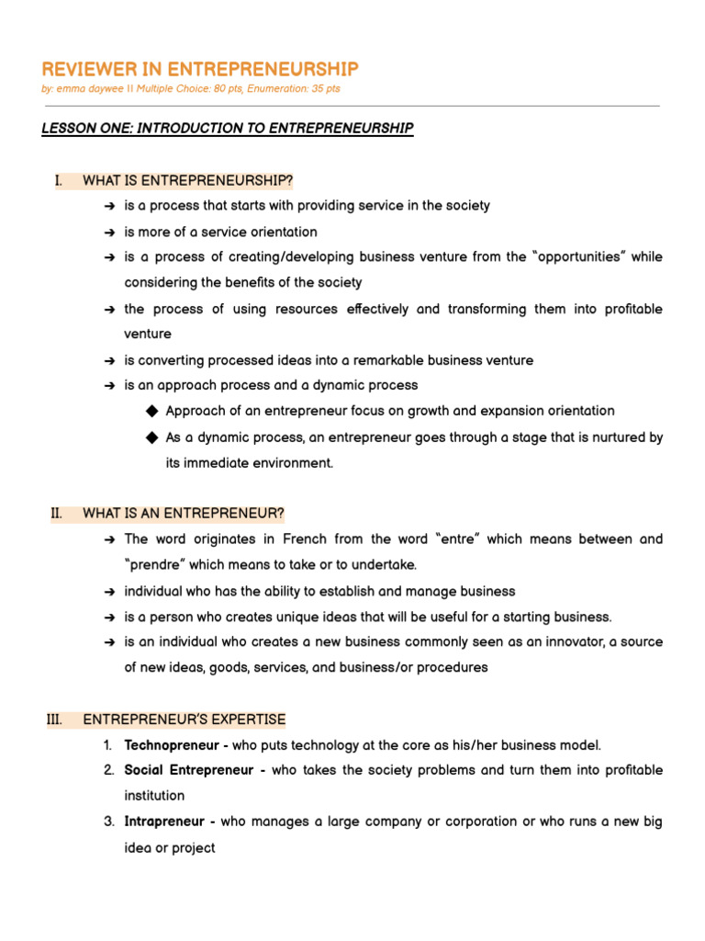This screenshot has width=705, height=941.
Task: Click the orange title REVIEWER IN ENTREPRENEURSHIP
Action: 200,70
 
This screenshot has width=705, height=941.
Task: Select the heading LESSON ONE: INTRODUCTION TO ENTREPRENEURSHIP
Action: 228,128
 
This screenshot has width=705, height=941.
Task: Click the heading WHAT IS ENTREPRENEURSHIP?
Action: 188,180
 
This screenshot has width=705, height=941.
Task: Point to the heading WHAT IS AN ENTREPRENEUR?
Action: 184,513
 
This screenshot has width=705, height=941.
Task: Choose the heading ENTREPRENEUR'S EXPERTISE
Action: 185,719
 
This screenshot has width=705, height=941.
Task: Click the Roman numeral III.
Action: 54,719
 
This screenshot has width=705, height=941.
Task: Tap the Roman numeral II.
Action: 56,513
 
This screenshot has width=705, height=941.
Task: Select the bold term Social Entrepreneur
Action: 190,770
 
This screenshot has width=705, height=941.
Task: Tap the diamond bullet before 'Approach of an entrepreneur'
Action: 152,411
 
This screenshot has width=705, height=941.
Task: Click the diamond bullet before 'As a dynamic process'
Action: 152,437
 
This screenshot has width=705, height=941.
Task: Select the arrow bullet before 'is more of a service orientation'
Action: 109,232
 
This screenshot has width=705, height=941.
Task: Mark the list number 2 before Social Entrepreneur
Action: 108,770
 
